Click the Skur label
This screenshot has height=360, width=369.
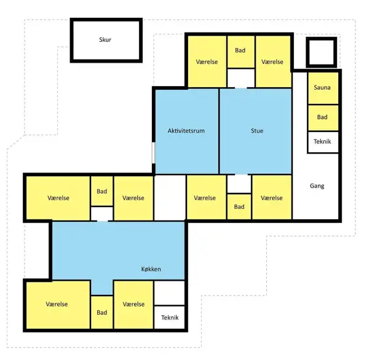pyautogui.click(x=105, y=39)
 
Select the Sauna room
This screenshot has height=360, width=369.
pyautogui.click(x=323, y=88)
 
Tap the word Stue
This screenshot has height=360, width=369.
pyautogui.click(x=257, y=131)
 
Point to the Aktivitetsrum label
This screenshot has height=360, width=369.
pyautogui.click(x=186, y=131)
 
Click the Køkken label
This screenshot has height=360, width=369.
pyautogui.click(x=151, y=269)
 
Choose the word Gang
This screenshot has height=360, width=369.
pyautogui.click(x=317, y=186)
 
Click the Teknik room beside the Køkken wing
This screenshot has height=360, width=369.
pyautogui.click(x=169, y=318)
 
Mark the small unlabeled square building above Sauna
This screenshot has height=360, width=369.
pyautogui.click(x=321, y=52)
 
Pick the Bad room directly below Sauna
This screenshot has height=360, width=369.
pyautogui.click(x=323, y=117)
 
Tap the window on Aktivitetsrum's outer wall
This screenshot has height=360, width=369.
pyautogui.click(x=153, y=152)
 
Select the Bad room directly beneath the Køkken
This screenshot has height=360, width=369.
pyautogui.click(x=101, y=312)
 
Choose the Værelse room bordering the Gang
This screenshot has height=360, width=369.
pyautogui.click(x=272, y=198)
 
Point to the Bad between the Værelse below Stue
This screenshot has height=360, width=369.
pyautogui.click(x=239, y=206)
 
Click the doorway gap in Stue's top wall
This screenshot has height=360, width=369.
pyautogui.click(x=240, y=88)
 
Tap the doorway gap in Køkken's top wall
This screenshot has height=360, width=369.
pyautogui.click(x=102, y=221)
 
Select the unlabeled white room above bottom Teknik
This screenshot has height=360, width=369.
pyautogui.click(x=169, y=293)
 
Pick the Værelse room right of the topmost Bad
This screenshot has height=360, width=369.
pyautogui.click(x=273, y=61)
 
